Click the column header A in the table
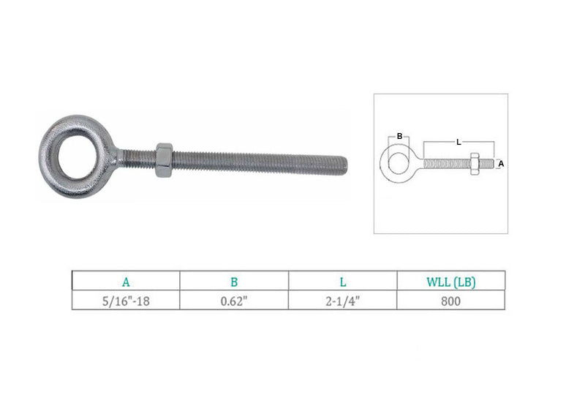126,282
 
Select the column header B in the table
234,282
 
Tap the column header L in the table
343,282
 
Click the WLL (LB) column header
451,282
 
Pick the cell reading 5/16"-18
126,301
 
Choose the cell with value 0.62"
234,301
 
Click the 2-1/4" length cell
343,301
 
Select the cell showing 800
450,301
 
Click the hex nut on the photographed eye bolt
164,160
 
